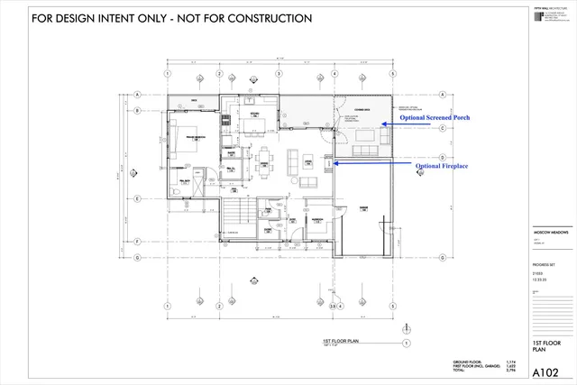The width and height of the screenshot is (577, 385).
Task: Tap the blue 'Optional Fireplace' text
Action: coord(442,167)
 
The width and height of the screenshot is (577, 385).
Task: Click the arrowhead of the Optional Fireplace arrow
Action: coord(336,163)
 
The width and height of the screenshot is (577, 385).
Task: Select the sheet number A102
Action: coord(545,371)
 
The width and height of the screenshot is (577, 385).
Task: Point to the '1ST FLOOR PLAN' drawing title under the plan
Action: coord(342,343)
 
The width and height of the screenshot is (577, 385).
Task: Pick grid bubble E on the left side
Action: coord(137,198)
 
